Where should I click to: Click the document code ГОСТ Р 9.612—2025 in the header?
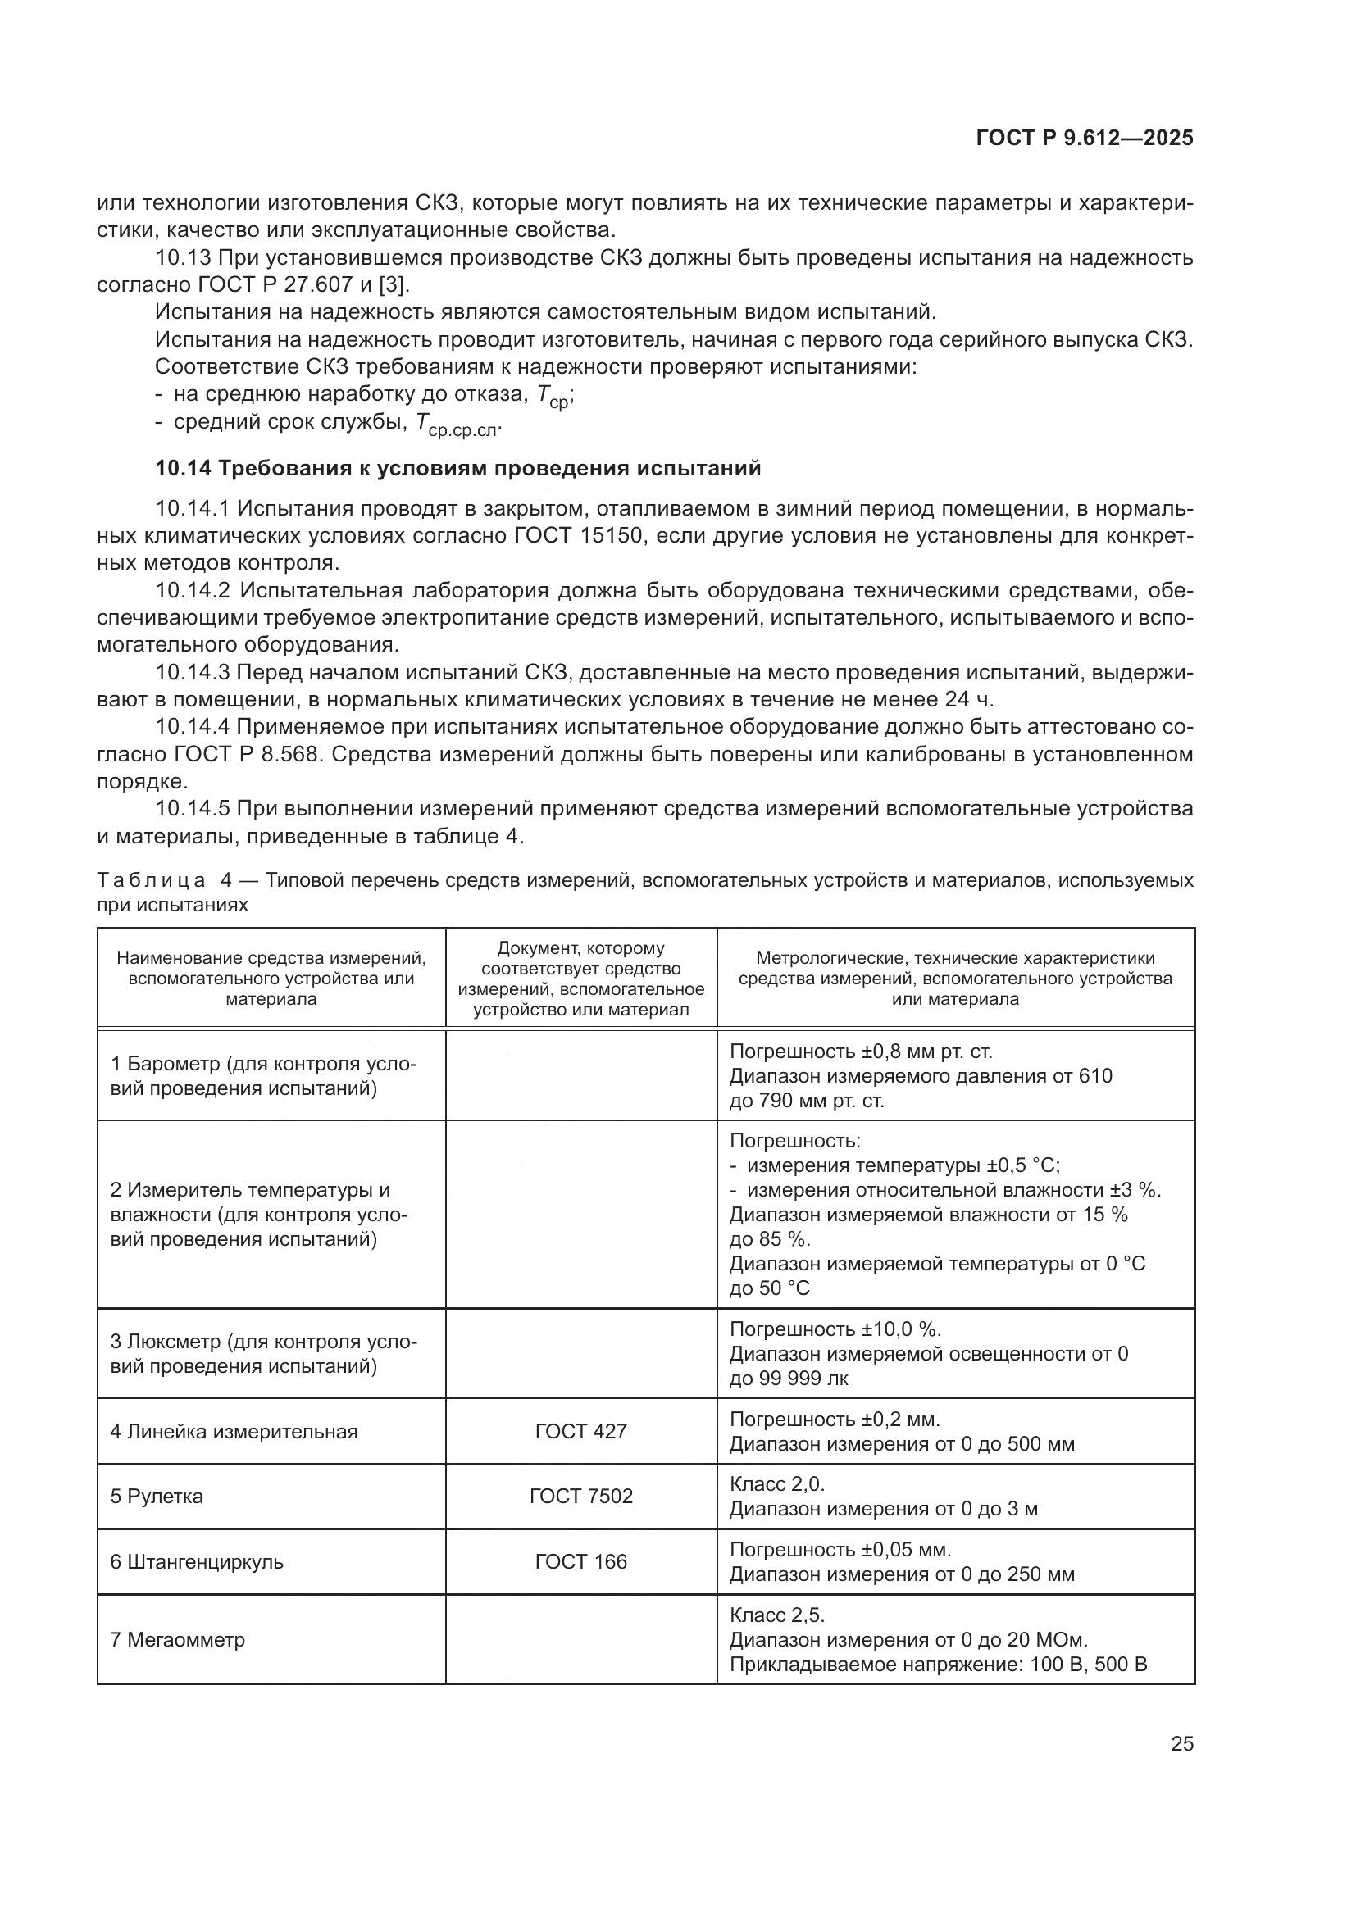click(1084, 139)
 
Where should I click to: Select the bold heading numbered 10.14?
click(457, 469)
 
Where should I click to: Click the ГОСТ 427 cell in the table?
click(580, 1431)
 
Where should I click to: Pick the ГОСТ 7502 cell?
click(580, 1497)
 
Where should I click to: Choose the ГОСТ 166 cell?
click(580, 1561)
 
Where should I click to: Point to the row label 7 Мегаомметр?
click(177, 1639)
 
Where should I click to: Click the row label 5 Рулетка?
click(156, 1497)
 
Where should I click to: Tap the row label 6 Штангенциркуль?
click(196, 1561)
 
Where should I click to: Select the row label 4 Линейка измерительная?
click(234, 1431)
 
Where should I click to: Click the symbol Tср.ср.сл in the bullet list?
click(457, 426)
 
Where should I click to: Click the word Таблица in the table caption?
click(151, 880)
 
